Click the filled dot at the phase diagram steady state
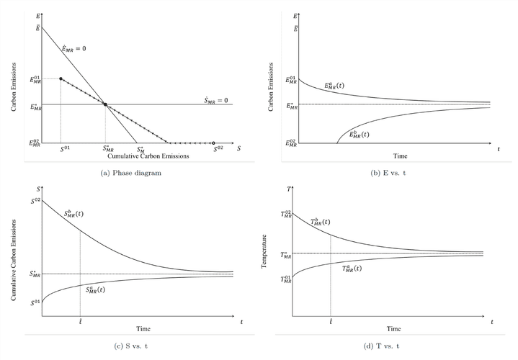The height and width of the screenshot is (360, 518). [x=105, y=105]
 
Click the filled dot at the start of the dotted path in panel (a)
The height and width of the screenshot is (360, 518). [x=61, y=78]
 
